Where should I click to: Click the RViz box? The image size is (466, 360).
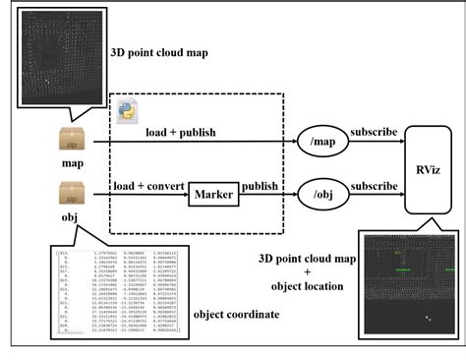point(428,167)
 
